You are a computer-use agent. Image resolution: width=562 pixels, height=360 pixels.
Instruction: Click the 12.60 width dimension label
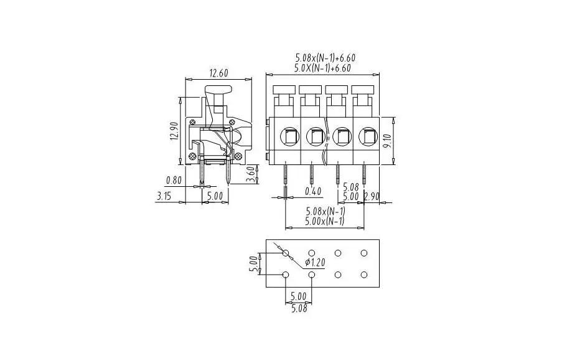[x=218, y=73]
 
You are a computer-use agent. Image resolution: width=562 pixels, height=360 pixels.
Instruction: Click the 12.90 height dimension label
[x=175, y=131]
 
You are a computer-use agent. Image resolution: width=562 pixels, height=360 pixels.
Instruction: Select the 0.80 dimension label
[x=174, y=181]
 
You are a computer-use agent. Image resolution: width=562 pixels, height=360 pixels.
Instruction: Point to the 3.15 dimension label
[x=164, y=196]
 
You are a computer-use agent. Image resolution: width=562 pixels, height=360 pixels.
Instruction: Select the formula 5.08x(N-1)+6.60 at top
[x=322, y=58]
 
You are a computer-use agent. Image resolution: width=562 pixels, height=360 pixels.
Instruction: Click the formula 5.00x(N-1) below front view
[x=325, y=221]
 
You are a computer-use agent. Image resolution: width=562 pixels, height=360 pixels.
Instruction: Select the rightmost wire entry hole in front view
[x=367, y=135]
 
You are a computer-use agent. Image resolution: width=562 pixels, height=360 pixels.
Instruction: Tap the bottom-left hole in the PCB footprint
[x=286, y=275]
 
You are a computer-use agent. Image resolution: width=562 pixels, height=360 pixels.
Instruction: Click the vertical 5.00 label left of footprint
[x=253, y=265]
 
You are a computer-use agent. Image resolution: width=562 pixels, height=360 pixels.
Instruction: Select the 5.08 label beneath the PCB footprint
[x=298, y=307]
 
